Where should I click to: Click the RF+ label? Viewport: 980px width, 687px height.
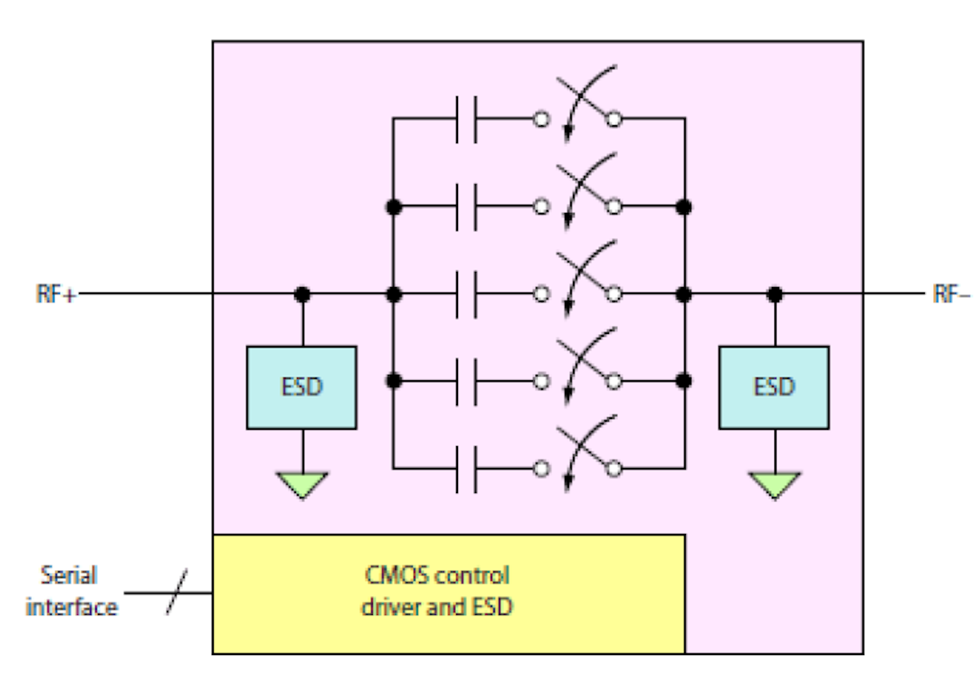54,295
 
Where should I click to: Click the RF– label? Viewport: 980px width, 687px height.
951,295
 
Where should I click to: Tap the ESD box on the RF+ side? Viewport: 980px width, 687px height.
301,387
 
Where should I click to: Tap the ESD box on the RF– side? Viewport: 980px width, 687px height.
774,387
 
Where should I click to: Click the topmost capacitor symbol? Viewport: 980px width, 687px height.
466,120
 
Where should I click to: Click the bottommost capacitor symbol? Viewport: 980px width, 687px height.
466,469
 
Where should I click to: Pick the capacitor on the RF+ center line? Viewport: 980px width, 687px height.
466,295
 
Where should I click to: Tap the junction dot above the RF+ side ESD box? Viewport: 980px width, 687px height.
302,295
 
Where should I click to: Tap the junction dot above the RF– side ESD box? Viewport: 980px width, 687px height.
774,295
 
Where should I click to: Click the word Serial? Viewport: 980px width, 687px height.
69,575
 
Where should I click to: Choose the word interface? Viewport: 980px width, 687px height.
71,607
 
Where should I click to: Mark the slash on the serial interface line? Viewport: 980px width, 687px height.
177,592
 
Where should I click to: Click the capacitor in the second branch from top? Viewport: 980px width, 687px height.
466,207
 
